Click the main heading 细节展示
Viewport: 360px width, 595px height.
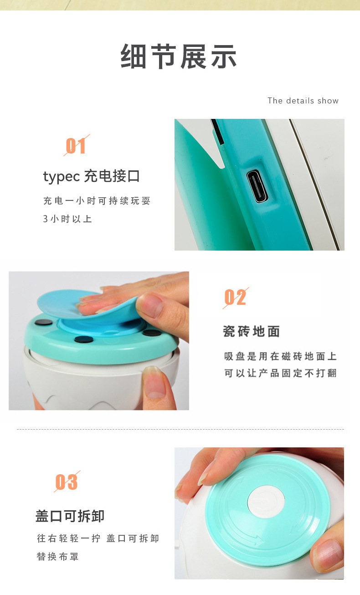[179, 57]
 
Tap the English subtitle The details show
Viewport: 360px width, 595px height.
[303, 101]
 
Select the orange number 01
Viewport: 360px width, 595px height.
[76, 146]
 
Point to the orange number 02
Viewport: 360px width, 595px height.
[235, 297]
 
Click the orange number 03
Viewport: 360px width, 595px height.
[67, 482]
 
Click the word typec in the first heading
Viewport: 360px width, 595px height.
[62, 176]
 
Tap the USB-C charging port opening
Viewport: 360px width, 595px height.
[257, 186]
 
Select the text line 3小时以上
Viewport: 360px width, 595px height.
[68, 219]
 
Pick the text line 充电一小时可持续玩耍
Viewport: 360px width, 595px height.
[97, 201]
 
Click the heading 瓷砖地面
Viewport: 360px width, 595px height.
[251, 331]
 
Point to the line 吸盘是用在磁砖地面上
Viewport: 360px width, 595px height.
[280, 356]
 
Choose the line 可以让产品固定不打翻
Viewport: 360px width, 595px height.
[280, 373]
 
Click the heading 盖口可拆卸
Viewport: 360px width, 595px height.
[70, 516]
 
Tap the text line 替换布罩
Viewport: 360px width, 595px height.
[58, 557]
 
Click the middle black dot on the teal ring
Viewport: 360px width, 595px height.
[84, 339]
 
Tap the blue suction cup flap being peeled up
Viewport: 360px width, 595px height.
[73, 303]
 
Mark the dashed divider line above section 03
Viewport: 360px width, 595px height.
[180, 429]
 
